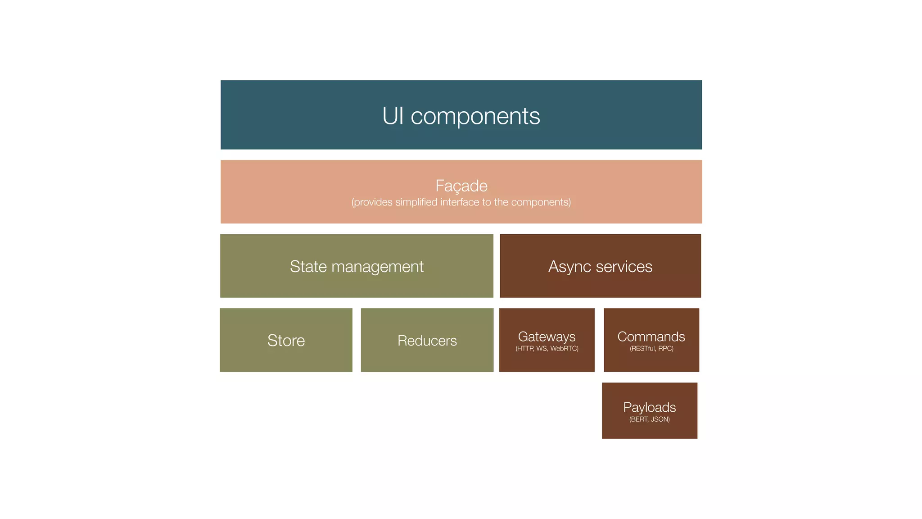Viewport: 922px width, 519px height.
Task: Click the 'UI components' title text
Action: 461,116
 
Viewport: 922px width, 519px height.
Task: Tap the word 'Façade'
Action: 461,186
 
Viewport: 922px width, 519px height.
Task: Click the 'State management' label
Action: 357,267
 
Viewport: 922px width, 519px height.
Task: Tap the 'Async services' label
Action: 600,267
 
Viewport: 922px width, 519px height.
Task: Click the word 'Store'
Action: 286,341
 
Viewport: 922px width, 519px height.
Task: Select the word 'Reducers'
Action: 427,341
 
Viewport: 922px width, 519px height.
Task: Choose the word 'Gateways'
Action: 547,337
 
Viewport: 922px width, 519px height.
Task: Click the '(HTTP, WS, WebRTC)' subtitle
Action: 547,349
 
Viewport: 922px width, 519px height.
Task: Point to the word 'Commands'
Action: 651,337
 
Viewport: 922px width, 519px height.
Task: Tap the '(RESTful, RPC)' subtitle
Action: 651,349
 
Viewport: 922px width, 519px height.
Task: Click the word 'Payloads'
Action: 649,407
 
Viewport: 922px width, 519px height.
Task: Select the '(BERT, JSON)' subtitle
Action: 649,419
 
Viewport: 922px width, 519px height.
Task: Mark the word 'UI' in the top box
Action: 393,116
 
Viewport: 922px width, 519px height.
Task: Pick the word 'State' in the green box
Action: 308,267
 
